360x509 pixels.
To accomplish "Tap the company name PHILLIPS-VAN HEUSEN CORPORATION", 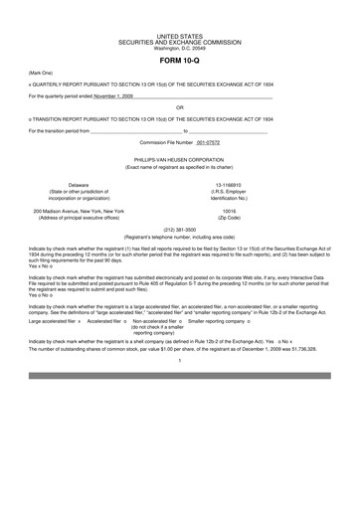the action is click(x=179, y=159).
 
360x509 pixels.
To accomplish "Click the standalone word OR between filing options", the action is click(x=179, y=106).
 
